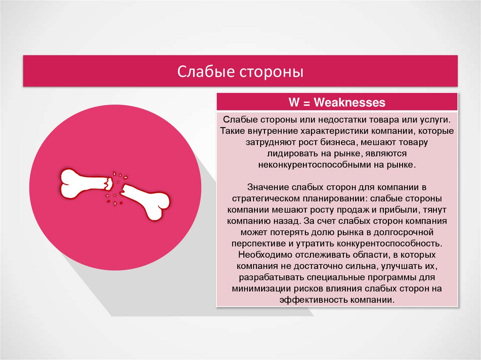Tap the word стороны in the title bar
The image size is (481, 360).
click(x=272, y=72)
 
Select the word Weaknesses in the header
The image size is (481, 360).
click(x=349, y=102)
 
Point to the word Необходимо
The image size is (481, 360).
click(x=263, y=255)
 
